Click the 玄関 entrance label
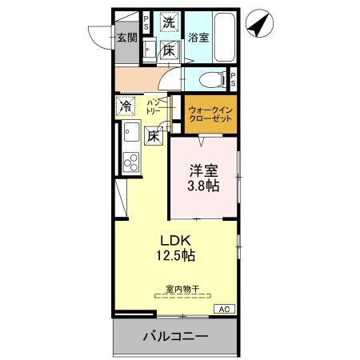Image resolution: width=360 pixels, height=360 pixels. (x=126, y=37)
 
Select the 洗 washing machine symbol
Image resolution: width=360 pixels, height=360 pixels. (x=168, y=24)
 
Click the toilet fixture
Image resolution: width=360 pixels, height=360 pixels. (x=210, y=79)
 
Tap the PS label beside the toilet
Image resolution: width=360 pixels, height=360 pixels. (x=233, y=79)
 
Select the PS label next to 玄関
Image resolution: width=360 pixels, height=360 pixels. (x=146, y=23)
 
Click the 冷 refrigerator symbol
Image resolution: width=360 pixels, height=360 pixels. (x=126, y=106)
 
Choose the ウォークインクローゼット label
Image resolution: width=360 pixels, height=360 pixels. (x=211, y=114)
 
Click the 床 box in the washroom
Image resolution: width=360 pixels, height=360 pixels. (x=169, y=50)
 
